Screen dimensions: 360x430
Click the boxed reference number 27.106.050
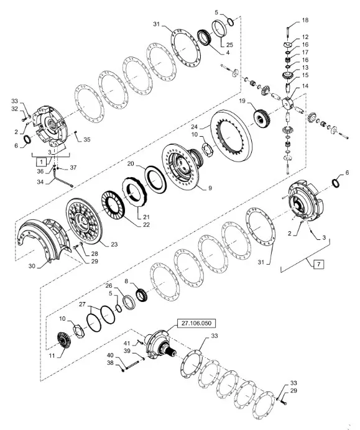pos(196,323)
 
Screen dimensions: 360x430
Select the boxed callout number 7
pos(318,264)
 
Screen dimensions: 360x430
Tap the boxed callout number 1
pos(42,162)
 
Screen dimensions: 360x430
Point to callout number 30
pos(32,266)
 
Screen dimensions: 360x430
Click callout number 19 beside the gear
pos(242,101)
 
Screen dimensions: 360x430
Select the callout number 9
pos(210,188)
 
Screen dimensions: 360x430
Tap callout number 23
pos(114,244)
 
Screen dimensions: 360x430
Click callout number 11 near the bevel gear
pos(52,355)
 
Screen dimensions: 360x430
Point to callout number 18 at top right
pos(305,20)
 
